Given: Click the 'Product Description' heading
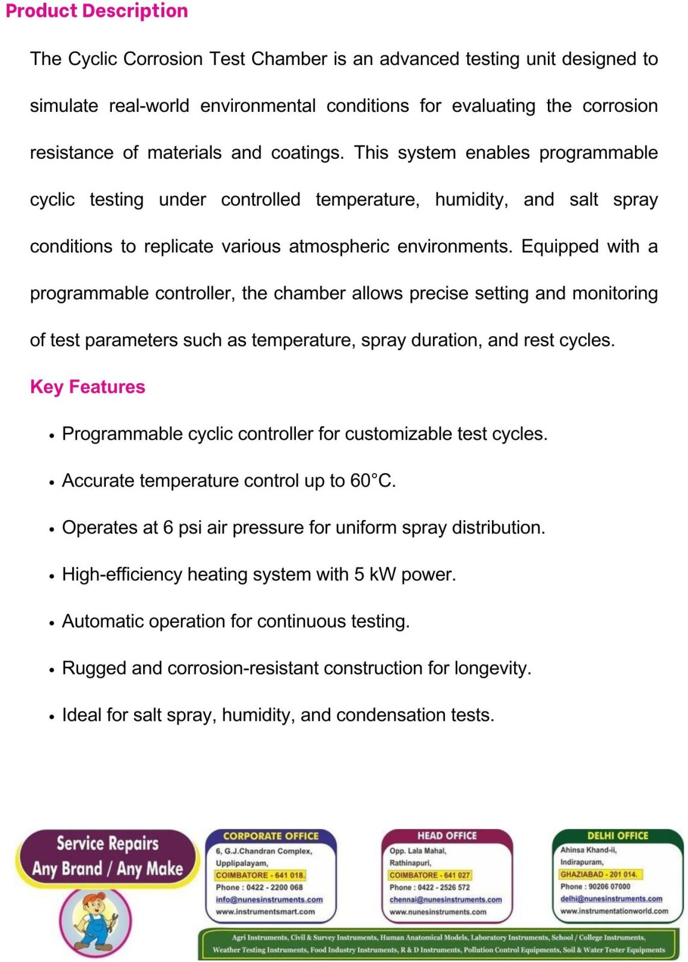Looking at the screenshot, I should tap(96, 11).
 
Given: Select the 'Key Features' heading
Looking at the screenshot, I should tap(88, 387).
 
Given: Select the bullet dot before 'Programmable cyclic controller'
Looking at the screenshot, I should tap(52, 435).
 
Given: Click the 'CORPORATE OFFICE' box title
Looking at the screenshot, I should tap(271, 836).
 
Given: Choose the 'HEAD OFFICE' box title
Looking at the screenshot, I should tap(447, 836).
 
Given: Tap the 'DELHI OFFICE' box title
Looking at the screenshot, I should tap(618, 836).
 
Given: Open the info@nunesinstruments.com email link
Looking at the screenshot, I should tap(269, 899).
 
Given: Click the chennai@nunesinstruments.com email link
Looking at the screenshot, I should tap(445, 899).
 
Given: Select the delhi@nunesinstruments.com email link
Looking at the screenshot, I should tap(611, 899).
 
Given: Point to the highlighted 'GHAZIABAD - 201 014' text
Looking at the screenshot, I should tap(598, 874).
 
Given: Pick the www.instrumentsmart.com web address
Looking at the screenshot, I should tap(265, 911).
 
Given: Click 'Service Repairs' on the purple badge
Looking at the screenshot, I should tap(108, 844).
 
